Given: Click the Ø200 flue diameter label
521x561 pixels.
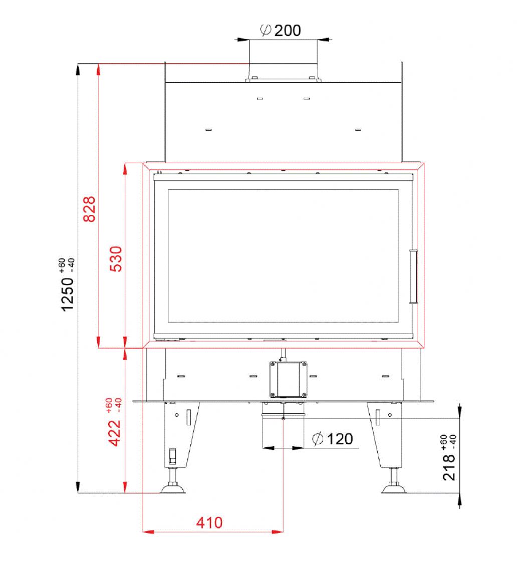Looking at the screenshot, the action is pyautogui.click(x=281, y=31).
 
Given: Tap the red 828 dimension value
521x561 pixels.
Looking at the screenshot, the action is pyautogui.click(x=90, y=209).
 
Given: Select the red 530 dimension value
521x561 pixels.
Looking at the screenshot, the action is pyautogui.click(x=116, y=259).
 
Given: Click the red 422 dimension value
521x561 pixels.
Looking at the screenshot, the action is pyautogui.click(x=115, y=433).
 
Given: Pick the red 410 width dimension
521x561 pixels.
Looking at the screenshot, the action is pyautogui.click(x=209, y=523).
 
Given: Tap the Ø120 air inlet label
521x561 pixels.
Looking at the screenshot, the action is pyautogui.click(x=333, y=439).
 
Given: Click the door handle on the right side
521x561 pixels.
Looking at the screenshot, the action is pyautogui.click(x=414, y=276).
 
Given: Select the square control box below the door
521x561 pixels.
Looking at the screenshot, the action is pyautogui.click(x=289, y=379).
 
